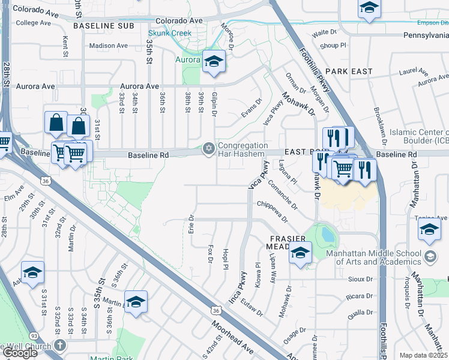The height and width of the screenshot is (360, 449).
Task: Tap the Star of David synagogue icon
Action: [209, 148]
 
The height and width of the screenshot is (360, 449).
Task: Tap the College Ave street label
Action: [35, 23]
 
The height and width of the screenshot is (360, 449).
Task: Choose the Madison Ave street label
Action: [109, 46]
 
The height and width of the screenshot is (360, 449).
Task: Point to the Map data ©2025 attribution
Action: [423, 355]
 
